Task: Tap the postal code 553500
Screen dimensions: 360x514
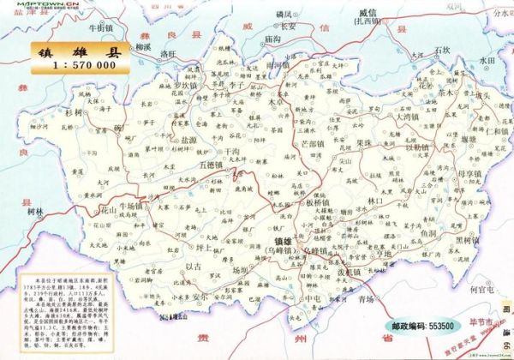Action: point(433,327)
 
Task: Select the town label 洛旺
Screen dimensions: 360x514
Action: point(169,55)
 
